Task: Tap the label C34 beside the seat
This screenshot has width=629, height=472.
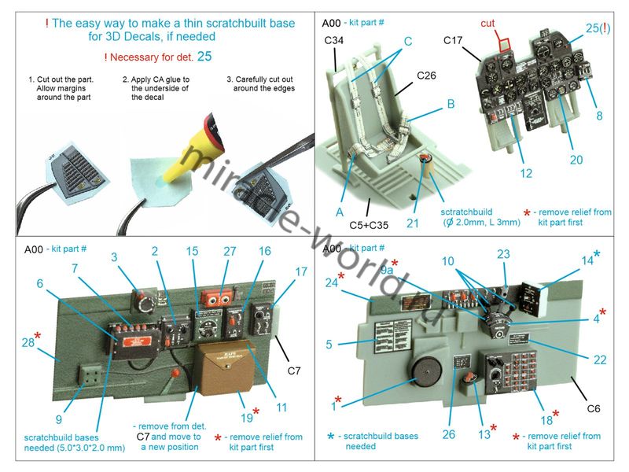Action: point(332,54)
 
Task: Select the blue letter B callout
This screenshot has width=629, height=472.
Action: point(451,103)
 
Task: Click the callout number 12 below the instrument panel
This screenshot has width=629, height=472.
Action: point(526,173)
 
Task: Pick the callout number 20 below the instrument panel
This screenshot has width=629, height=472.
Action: point(576,160)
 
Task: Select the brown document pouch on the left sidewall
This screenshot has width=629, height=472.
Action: point(223,370)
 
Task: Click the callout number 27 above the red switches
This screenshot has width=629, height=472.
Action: point(229,252)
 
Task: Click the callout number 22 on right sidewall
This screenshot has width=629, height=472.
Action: point(600,360)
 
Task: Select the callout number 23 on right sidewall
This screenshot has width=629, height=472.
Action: point(503,254)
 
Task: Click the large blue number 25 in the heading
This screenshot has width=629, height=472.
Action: point(204,56)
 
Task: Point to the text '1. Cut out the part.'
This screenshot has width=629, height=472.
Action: point(60,79)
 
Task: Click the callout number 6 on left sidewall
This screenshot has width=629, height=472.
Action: point(39,283)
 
